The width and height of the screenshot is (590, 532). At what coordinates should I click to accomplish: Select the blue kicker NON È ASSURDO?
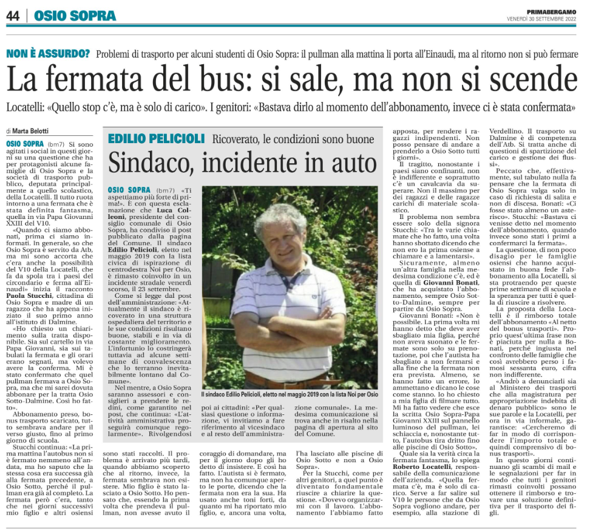[x=48, y=53]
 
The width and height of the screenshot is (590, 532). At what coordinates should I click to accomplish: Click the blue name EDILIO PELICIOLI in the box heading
[x=154, y=139]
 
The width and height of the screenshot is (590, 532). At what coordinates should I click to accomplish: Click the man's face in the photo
[x=284, y=234]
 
